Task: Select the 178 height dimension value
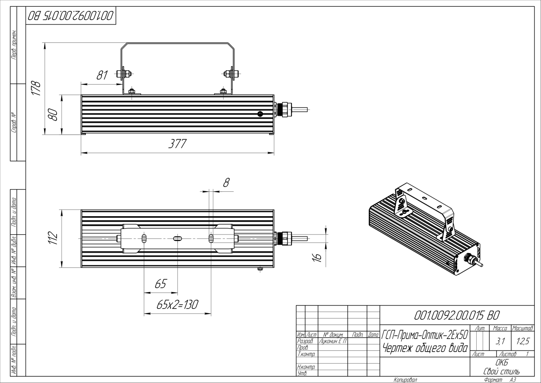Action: [x=37, y=89]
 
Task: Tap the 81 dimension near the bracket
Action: [x=102, y=75]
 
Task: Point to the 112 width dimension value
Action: [x=53, y=239]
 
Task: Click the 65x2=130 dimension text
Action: [x=178, y=305]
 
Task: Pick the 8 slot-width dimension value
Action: [x=226, y=182]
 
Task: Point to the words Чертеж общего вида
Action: [x=424, y=348]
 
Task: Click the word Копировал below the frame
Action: [x=405, y=380]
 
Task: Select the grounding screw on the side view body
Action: [x=260, y=113]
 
